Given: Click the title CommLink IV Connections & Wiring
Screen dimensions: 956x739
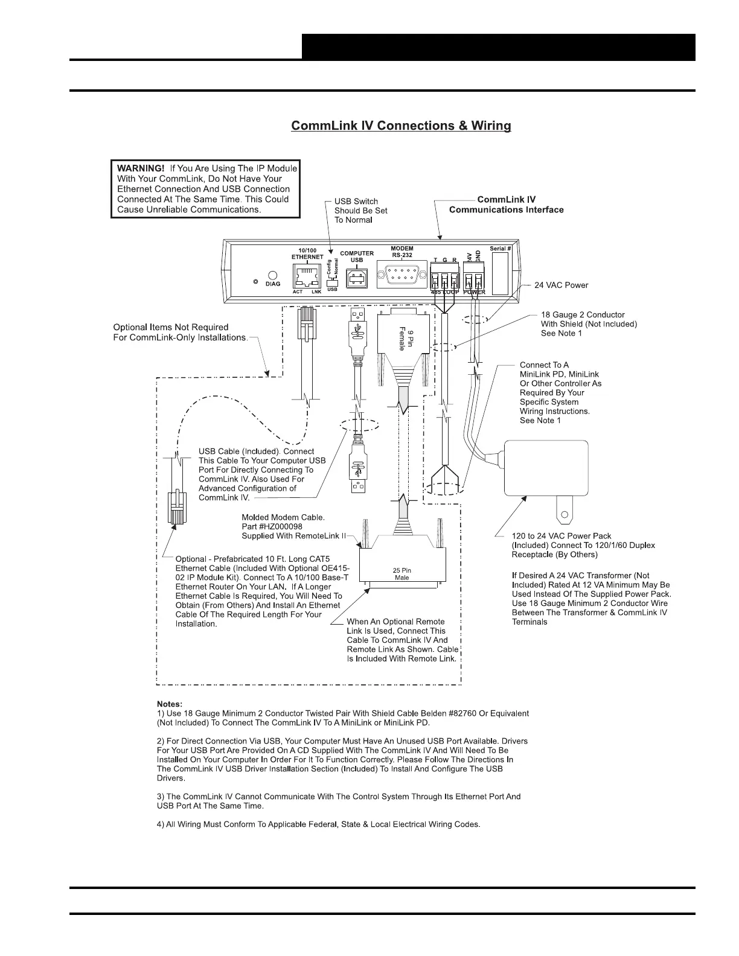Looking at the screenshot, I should pos(401,126).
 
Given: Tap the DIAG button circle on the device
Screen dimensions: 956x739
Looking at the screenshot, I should pos(272,275).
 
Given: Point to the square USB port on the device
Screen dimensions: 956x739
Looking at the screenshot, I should pos(356,277).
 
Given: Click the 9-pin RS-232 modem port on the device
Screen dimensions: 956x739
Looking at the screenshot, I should pos(401,276).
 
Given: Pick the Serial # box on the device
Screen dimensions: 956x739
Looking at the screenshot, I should pos(500,273).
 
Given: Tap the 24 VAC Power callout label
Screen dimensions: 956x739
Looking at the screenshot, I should pos(561,285).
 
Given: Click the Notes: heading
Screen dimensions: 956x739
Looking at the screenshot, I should pos(169,704).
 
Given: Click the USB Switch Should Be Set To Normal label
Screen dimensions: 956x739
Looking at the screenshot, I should pos(360,211).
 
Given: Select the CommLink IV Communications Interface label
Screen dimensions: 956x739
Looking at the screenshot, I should pos(506,205).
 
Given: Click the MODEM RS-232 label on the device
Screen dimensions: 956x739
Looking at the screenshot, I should pos(401,252).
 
